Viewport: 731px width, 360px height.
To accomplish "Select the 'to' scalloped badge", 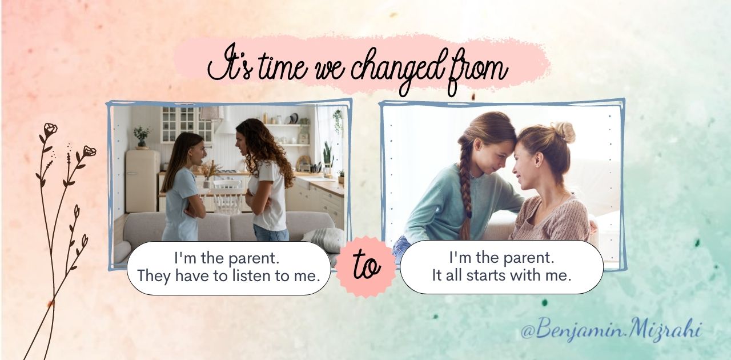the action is point(366,267).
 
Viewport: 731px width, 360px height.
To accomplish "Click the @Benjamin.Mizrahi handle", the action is point(611,330).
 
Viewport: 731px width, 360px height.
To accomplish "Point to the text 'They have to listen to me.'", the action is point(228,276).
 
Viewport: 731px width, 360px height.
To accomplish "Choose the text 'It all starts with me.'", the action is point(501,275).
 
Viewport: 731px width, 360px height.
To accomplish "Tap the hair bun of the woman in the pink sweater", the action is point(565,133).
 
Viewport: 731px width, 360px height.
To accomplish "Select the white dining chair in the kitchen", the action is point(228,196).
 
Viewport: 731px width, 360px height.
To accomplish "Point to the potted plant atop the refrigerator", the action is point(142,137).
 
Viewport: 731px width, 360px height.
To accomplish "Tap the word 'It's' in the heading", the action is point(230,67).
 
